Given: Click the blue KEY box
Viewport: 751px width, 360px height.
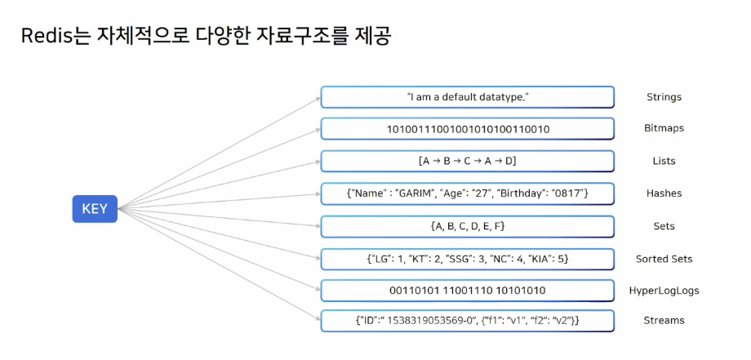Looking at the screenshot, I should [x=95, y=209].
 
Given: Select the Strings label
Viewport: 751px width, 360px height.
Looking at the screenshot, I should [x=663, y=97].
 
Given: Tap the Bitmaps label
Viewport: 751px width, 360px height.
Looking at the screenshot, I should [x=664, y=129].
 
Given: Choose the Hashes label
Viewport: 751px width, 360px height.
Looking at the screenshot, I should [x=663, y=193].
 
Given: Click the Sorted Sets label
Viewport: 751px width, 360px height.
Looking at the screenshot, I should [x=664, y=259].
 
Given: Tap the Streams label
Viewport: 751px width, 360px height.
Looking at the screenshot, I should [x=664, y=321].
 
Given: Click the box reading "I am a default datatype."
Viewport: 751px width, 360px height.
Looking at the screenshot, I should [x=467, y=97].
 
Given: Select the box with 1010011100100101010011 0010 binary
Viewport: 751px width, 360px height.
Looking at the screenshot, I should [x=467, y=129].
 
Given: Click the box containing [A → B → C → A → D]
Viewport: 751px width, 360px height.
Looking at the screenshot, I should [x=467, y=161].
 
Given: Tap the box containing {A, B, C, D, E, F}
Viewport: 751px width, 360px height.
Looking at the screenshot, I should [x=467, y=226].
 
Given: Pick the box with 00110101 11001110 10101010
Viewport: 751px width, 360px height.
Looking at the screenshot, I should [x=467, y=291].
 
